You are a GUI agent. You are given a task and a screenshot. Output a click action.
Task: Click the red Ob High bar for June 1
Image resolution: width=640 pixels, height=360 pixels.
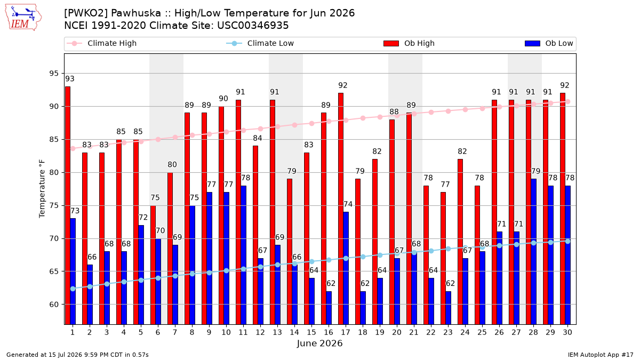point(68,205)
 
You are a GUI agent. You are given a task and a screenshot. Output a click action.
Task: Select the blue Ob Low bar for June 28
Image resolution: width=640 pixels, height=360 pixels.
point(534,252)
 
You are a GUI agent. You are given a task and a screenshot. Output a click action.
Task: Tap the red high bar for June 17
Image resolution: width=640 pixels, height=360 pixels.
point(341,209)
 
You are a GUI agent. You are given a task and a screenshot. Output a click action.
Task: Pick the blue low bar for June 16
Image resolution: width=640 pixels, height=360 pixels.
point(329,308)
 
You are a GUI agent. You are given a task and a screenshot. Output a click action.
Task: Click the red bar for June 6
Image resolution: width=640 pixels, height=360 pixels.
point(153,265)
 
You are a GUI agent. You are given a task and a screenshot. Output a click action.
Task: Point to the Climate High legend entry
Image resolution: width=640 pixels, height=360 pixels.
point(101,43)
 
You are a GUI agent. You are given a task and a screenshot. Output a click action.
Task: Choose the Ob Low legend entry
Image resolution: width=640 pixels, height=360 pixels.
point(549,43)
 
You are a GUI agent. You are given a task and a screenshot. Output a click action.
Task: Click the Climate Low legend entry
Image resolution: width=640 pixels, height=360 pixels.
point(260,43)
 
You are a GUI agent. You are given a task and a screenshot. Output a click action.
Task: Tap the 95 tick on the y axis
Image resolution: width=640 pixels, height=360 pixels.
point(54,74)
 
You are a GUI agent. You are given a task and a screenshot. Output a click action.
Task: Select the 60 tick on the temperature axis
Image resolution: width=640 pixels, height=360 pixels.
point(54,305)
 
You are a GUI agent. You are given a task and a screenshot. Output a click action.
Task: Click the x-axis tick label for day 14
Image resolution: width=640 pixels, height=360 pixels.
point(294,332)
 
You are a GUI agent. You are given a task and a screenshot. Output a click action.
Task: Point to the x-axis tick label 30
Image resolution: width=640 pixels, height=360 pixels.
point(567,332)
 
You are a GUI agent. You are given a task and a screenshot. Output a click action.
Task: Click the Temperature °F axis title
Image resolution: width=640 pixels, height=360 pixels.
point(42,189)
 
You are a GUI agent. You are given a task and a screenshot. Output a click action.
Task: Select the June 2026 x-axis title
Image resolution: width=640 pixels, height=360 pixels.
point(319,343)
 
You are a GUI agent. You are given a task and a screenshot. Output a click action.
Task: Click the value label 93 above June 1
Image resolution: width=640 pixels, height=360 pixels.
point(70,78)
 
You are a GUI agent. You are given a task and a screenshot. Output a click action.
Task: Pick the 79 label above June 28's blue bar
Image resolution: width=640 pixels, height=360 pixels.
point(535,171)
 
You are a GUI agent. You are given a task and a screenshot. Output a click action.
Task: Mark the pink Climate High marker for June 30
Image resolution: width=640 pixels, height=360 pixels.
point(567,102)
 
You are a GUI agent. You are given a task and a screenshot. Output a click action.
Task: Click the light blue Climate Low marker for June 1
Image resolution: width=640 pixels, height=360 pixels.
point(73,289)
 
